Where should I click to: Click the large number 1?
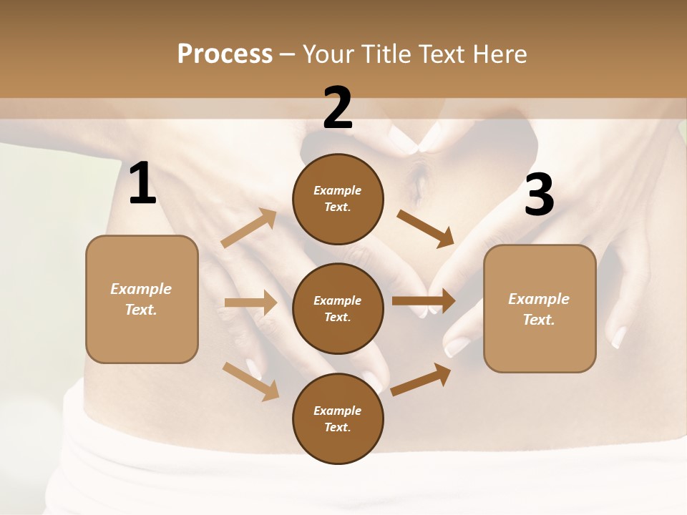(x=142, y=185)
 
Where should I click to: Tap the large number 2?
(x=337, y=108)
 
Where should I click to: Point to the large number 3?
(x=539, y=195)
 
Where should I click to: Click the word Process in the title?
(x=225, y=54)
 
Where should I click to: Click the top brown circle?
(x=338, y=199)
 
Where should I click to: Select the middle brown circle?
(x=338, y=308)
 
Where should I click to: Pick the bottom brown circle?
(x=338, y=418)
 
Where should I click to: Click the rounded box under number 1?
(x=142, y=299)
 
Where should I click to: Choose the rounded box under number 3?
(x=540, y=309)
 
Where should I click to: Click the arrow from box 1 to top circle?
(x=250, y=227)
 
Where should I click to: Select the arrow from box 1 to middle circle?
(x=250, y=303)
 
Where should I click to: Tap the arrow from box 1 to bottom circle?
(x=251, y=381)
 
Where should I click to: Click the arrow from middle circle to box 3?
(x=424, y=301)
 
